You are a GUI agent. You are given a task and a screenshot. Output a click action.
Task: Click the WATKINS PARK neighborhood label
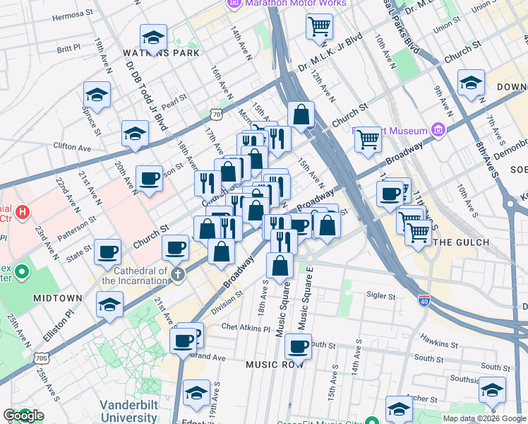point(161,53)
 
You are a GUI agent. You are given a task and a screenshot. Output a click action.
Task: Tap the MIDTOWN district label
point(57,298)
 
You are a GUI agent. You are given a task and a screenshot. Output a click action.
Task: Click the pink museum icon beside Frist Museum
point(438,130)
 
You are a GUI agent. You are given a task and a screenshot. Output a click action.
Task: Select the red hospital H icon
point(22,211)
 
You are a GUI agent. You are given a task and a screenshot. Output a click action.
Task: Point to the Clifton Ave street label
point(73,148)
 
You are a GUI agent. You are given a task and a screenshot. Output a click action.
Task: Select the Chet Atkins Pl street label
point(246,328)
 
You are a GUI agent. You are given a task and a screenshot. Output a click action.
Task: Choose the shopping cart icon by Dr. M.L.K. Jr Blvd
point(319,26)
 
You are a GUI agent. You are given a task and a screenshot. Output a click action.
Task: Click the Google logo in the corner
point(24,416)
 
